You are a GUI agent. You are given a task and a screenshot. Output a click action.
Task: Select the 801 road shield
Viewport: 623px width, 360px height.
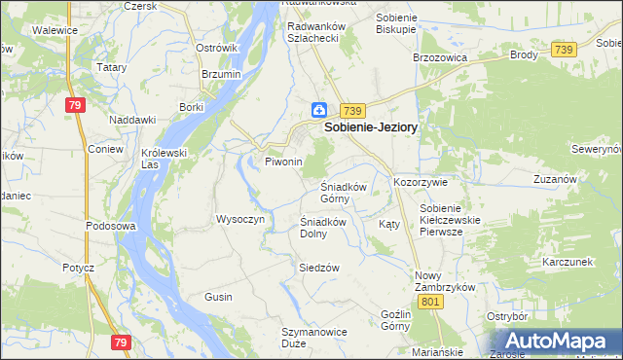pos(432,302)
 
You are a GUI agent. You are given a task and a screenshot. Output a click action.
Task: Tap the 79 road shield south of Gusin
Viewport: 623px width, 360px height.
pos(121,342)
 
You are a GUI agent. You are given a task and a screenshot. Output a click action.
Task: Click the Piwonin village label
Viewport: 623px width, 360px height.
pos(284,162)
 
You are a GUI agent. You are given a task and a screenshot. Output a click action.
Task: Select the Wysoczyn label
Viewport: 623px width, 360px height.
pos(239,219)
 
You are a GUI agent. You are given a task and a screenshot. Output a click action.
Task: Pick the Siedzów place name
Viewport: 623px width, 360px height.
pos(318,268)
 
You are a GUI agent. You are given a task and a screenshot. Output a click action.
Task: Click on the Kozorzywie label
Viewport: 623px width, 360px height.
pos(420,182)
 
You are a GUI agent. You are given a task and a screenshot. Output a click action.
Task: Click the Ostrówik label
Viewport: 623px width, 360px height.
pos(217,48)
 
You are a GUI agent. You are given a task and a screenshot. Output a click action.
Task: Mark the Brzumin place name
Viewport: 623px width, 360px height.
pos(221,74)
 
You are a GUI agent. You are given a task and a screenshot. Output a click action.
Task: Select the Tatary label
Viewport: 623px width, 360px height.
pos(112,68)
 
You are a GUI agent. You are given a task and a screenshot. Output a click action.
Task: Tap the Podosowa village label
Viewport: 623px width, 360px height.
pos(109,226)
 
